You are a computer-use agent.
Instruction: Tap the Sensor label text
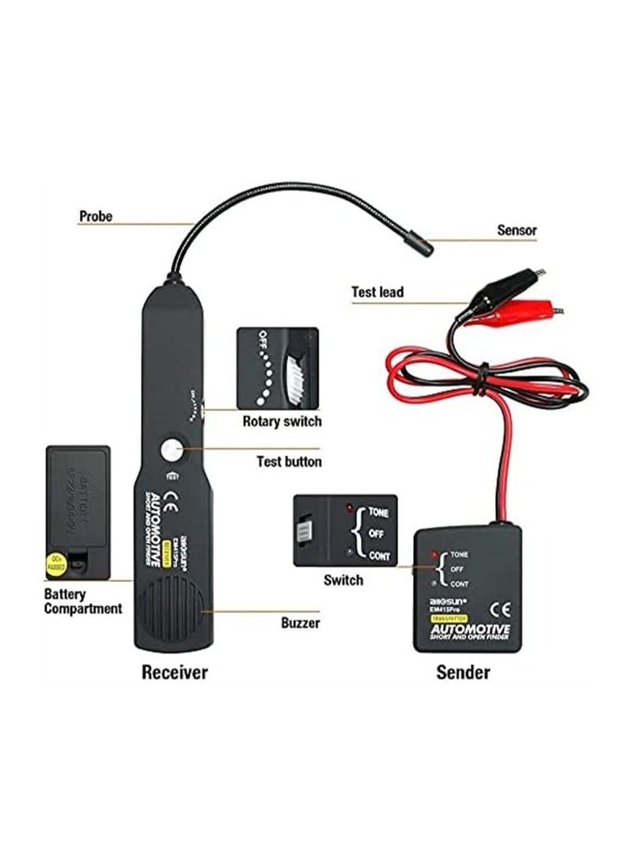(x=517, y=230)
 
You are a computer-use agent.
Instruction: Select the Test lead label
(x=377, y=292)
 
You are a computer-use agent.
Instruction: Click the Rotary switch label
(x=282, y=421)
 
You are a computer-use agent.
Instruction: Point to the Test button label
(x=289, y=461)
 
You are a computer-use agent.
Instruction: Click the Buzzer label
(x=300, y=623)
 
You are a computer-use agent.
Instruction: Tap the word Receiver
(x=174, y=673)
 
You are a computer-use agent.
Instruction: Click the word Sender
(x=463, y=673)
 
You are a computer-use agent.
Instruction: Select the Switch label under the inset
(x=343, y=580)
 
